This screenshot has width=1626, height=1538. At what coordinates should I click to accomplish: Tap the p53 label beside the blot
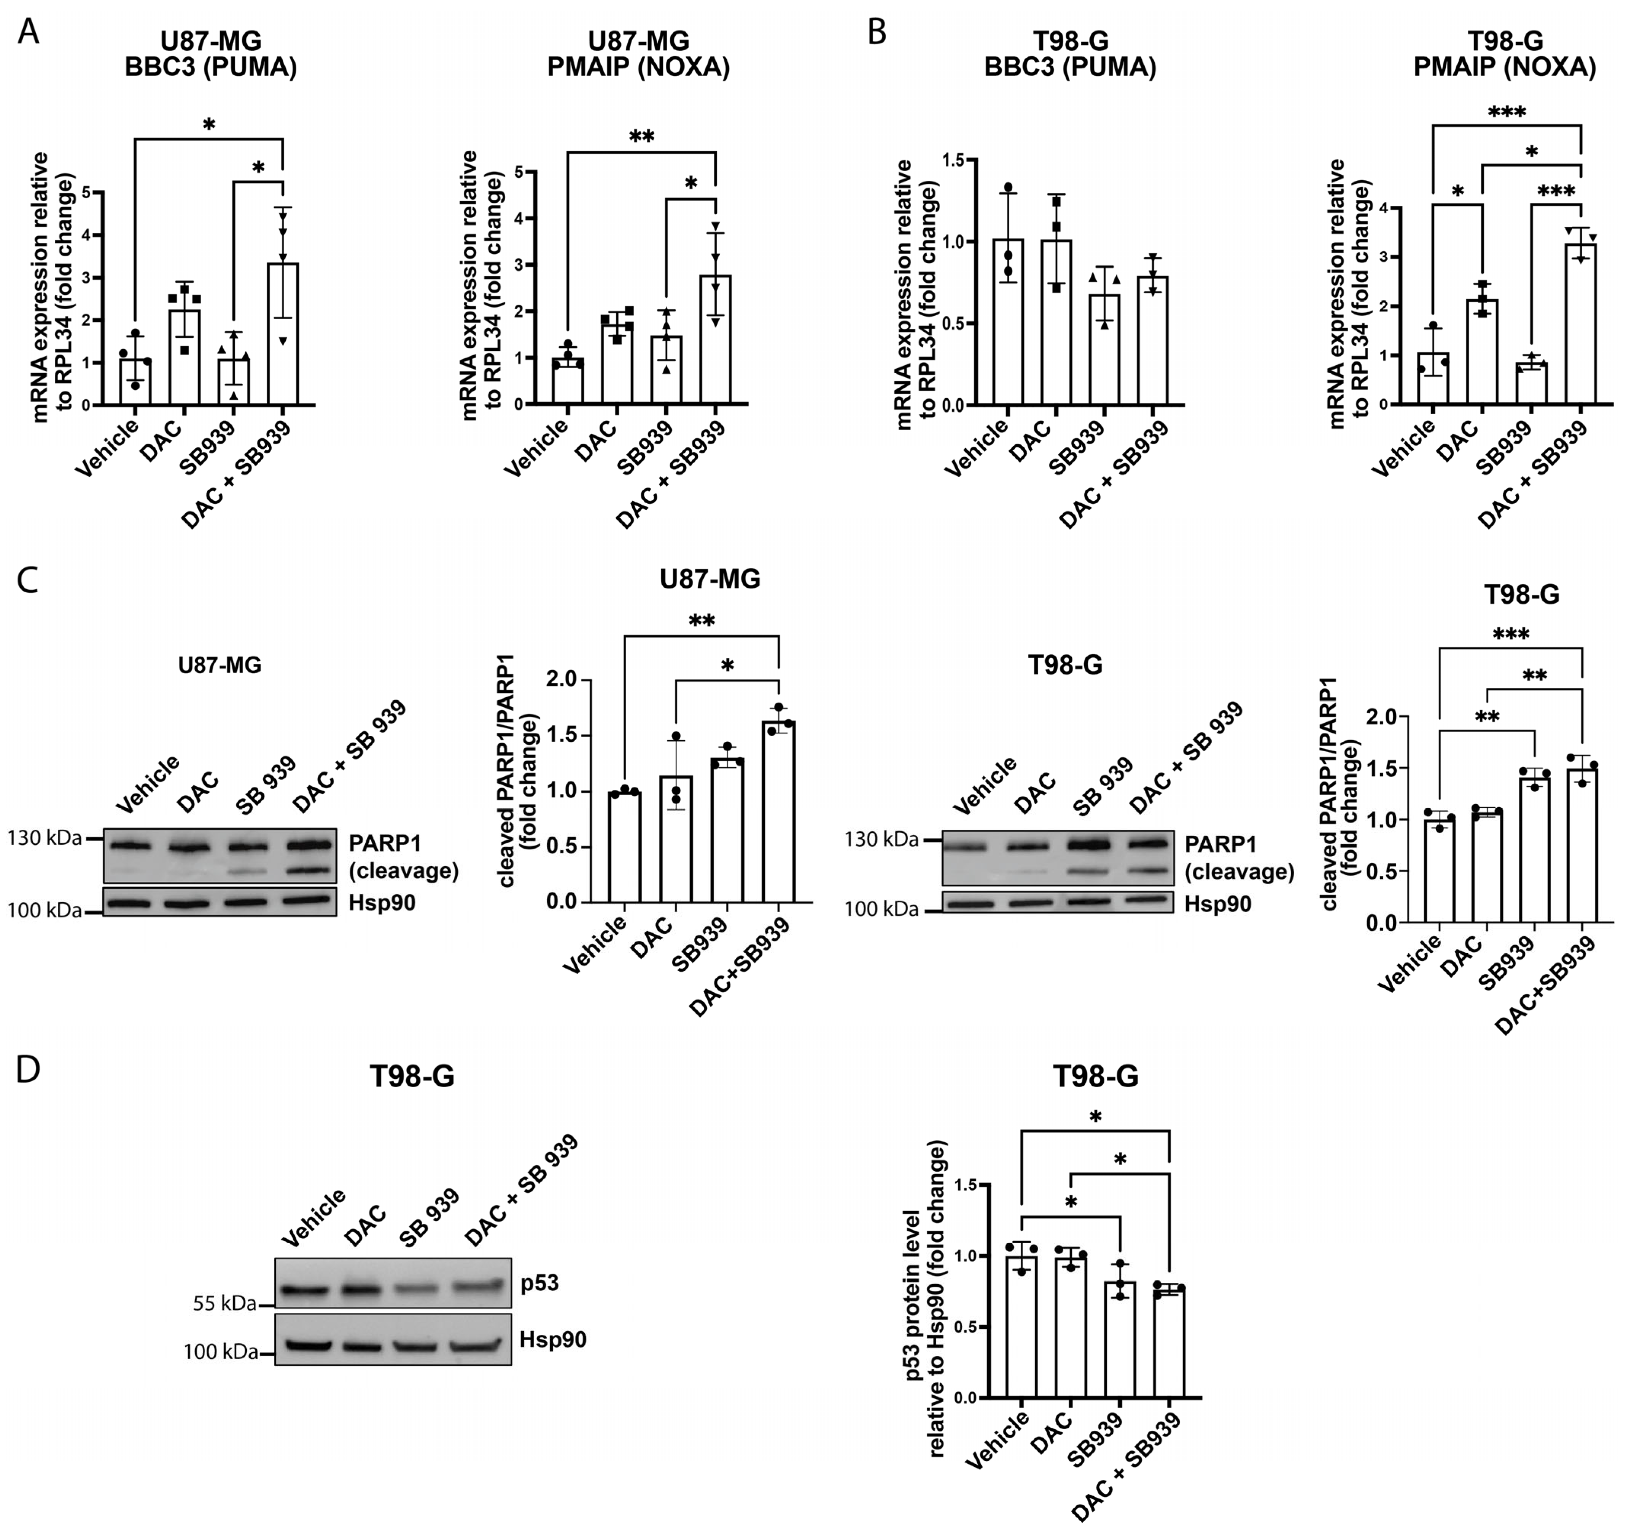tap(539, 1282)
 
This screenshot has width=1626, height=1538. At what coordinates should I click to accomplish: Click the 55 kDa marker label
tap(224, 1304)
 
